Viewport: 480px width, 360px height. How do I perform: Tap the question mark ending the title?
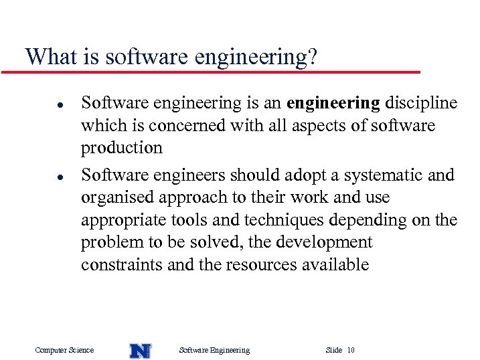pos(311,57)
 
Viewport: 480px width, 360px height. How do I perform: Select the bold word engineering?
pos(333,104)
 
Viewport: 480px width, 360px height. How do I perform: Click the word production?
pos(122,149)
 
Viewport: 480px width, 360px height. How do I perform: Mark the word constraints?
pos(122,265)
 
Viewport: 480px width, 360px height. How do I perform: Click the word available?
pos(334,265)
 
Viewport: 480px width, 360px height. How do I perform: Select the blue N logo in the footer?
pos(140,350)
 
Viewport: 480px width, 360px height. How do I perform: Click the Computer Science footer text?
pos(64,350)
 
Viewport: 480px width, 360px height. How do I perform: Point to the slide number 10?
pos(351,350)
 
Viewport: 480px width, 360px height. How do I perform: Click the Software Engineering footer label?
pos(215,350)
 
